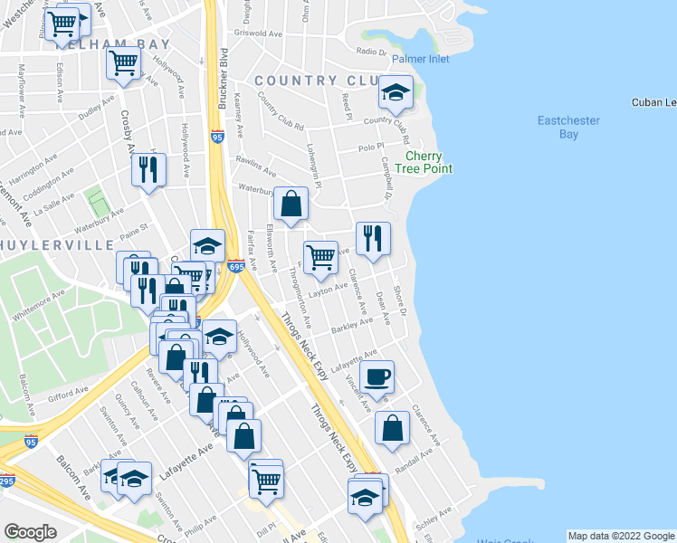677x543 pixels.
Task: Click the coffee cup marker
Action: [x=377, y=376]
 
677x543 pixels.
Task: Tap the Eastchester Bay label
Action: [x=569, y=128]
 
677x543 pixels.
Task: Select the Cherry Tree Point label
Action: [x=429, y=162]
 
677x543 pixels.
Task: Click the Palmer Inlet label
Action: [x=421, y=60]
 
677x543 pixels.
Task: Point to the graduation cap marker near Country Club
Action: [x=396, y=93]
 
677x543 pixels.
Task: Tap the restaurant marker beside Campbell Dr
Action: [x=373, y=239]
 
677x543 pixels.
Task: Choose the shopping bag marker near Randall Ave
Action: [x=393, y=429]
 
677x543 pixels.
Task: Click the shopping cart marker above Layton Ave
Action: [x=320, y=258]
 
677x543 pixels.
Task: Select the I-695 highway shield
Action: [x=236, y=266]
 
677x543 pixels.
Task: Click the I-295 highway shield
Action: [x=5, y=481]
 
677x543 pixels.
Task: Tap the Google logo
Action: [x=31, y=532]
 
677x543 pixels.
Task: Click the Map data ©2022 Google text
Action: [x=621, y=536]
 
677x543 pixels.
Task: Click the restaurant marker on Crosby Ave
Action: [x=149, y=170]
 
